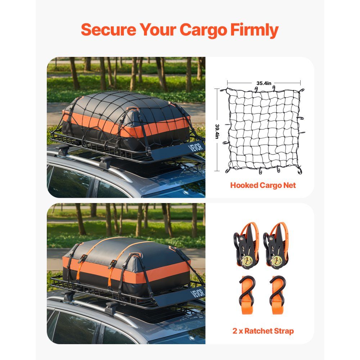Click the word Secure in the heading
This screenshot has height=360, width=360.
coord(108,30)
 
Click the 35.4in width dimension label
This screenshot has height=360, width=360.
coord(264,83)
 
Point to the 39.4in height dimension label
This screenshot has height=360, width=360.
coord(217,131)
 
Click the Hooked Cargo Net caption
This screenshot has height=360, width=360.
coord(263,185)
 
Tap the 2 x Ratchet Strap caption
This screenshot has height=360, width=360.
coord(263,331)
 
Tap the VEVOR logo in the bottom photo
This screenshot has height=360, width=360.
coord(197,293)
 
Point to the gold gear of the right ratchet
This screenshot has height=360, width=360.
coord(276,261)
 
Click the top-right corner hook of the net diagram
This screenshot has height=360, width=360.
coord(302,90)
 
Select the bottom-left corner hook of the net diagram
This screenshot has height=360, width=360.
coord(228,170)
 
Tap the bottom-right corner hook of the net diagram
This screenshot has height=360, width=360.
coord(300,171)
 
